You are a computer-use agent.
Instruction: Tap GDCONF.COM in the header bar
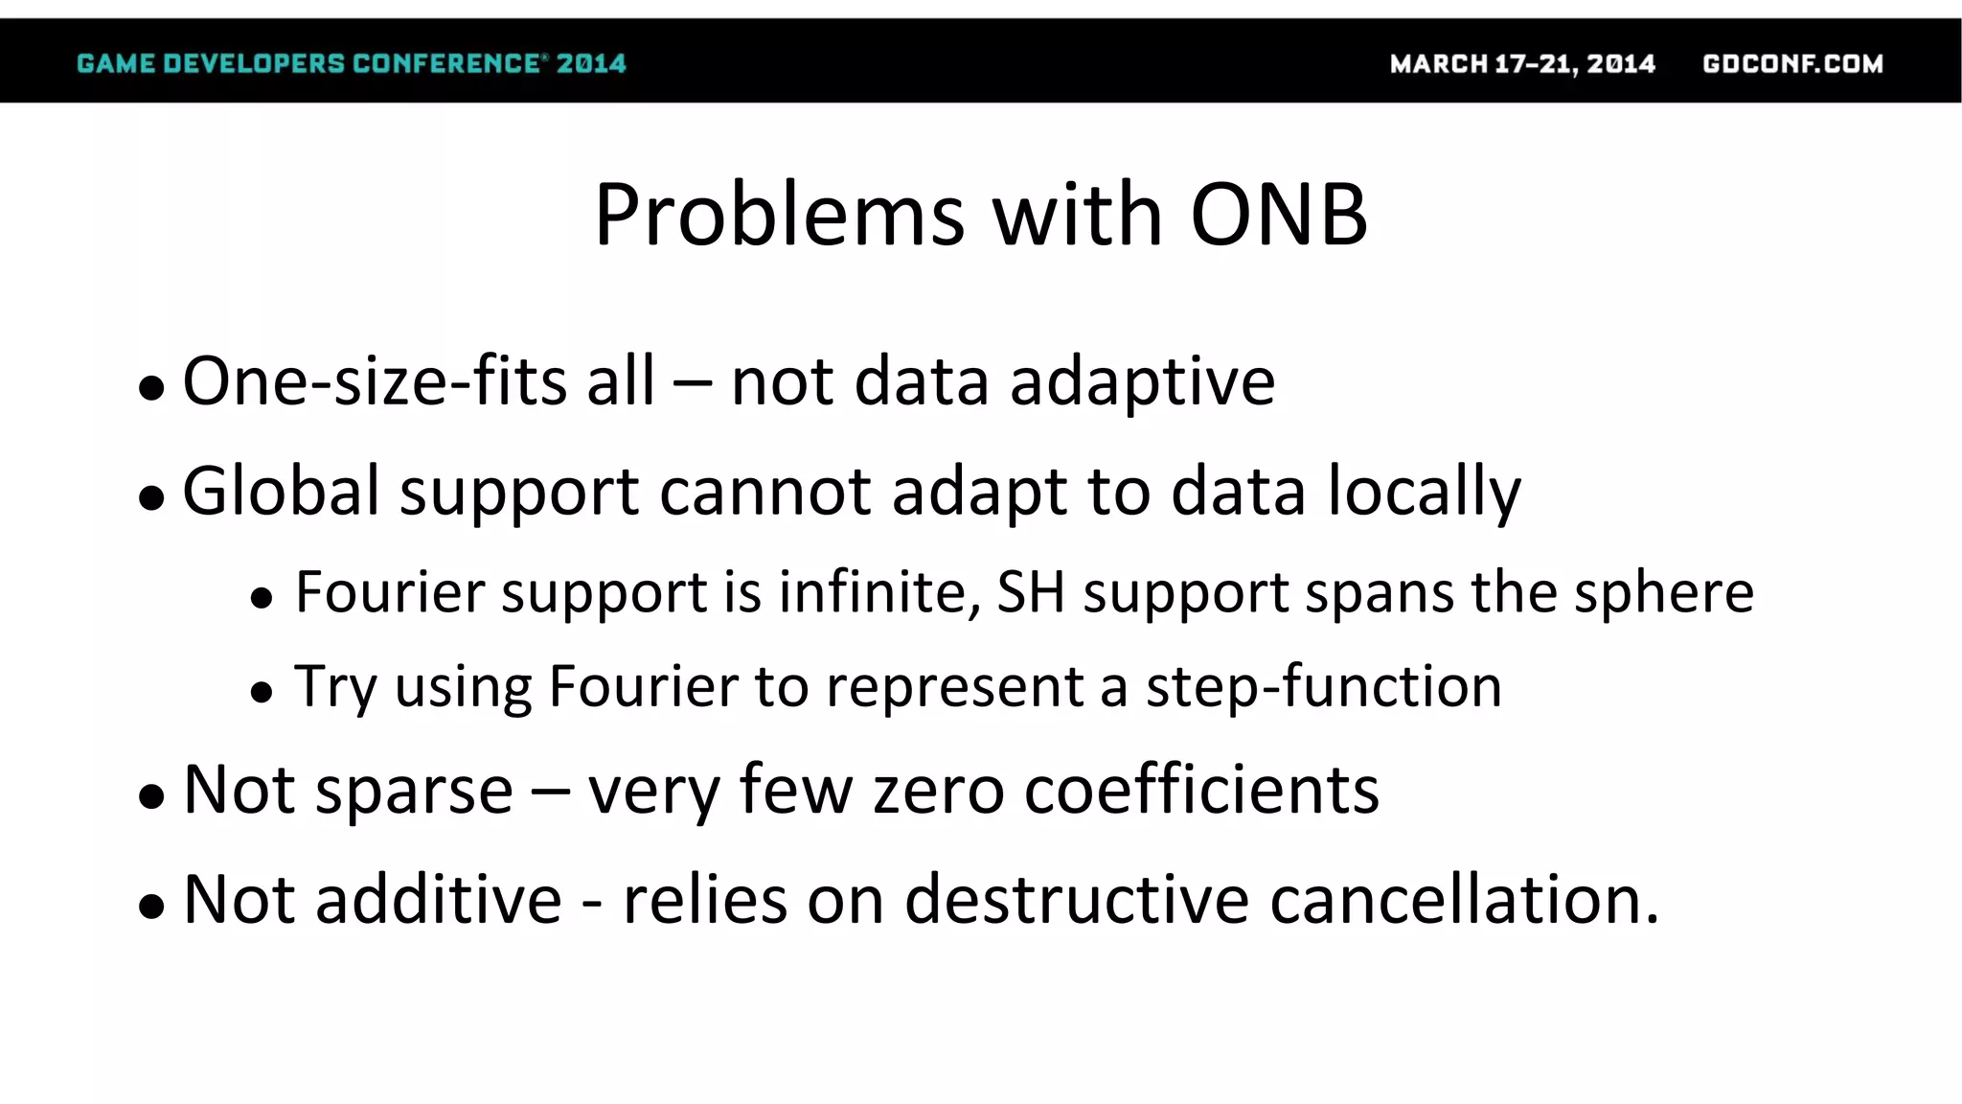tap(1792, 63)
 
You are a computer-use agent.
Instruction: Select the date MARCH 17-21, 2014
tap(1522, 63)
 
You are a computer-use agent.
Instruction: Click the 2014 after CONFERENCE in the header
tap(591, 63)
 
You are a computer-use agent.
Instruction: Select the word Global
tap(282, 491)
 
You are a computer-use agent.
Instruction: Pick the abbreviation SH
tap(1031, 591)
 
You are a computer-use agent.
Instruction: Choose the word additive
tap(439, 900)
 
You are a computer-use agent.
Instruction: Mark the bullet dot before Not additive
tap(151, 906)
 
